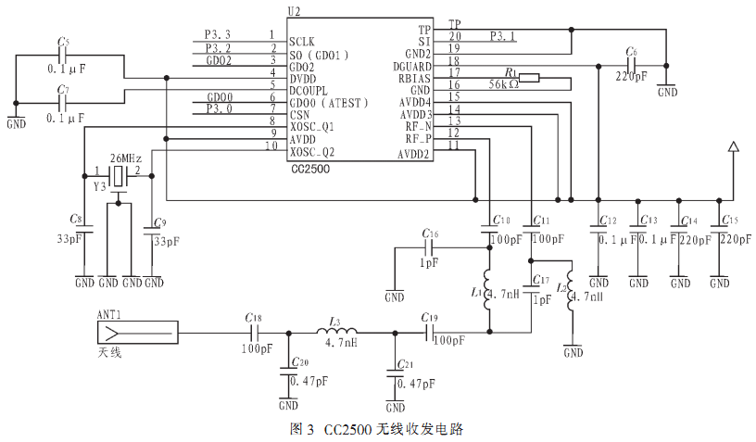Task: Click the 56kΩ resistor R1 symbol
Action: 529,78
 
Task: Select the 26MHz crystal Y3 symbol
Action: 118,176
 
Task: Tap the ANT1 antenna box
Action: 137,333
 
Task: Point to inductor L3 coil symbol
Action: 336,331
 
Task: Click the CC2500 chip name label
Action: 310,170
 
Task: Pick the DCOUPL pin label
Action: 309,91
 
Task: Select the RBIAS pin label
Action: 414,79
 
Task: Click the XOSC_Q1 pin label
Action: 312,127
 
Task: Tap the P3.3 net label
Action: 218,34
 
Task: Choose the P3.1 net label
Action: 503,36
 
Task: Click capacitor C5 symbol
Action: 62,55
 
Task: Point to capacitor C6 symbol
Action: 631,66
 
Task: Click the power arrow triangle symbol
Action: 734,146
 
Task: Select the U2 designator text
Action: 294,11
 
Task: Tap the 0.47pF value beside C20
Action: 309,381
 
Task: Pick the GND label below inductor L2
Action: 573,353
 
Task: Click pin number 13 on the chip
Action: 454,120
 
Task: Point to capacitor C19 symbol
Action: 429,333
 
